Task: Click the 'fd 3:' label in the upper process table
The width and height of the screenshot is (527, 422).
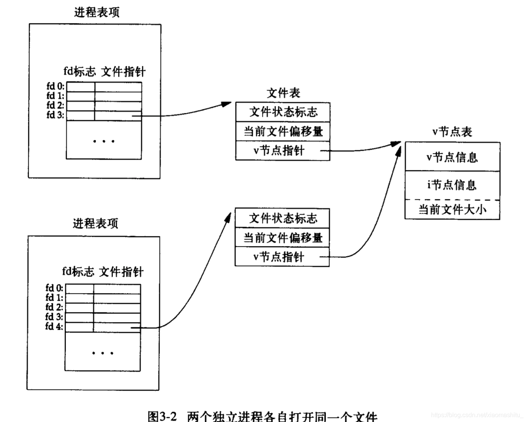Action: coord(55,115)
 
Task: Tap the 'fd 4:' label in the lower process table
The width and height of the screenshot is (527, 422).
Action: coord(54,326)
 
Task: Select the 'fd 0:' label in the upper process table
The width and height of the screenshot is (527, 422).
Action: coord(55,86)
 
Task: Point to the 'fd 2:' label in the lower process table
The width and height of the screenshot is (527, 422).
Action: coord(54,307)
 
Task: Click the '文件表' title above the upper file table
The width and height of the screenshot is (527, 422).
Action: coord(283,93)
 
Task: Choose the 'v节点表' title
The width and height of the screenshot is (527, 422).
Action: coord(452,132)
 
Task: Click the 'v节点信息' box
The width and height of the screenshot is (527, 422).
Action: coord(452,157)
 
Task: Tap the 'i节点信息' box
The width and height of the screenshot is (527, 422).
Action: coord(452,185)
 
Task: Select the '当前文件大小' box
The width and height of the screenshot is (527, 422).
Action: coord(452,210)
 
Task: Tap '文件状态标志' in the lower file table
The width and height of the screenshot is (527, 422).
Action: coord(282,218)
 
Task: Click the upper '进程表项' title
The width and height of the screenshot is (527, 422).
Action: coord(97,12)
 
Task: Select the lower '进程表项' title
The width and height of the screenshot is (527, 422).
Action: coord(95,223)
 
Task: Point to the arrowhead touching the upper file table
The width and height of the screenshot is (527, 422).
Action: coord(227,104)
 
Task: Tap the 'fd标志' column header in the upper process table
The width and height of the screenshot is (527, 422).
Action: coord(79,71)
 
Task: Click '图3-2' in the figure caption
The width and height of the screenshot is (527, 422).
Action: coord(162,416)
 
